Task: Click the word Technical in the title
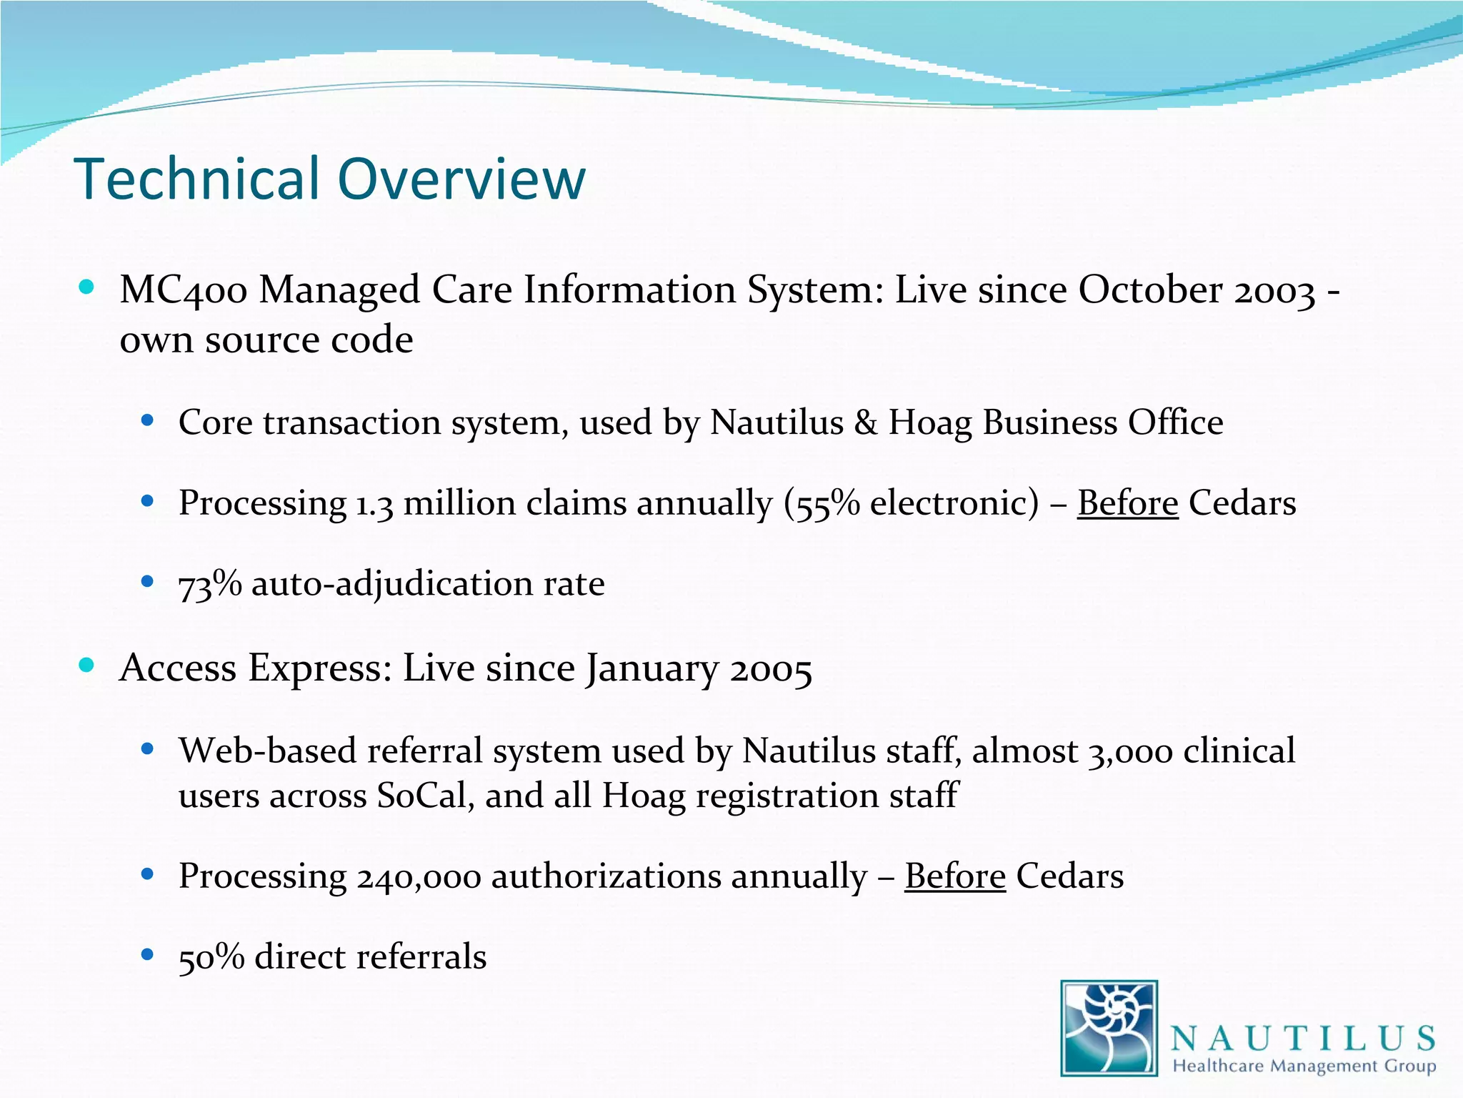click(196, 179)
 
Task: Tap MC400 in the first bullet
click(184, 291)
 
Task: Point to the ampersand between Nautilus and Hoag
click(865, 422)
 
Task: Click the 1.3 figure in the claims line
click(374, 503)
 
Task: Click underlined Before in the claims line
click(1127, 503)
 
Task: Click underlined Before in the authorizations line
click(954, 876)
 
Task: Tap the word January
click(652, 669)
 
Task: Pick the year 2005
click(771, 669)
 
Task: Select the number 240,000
click(419, 877)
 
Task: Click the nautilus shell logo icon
click(1109, 1028)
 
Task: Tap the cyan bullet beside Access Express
click(86, 665)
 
